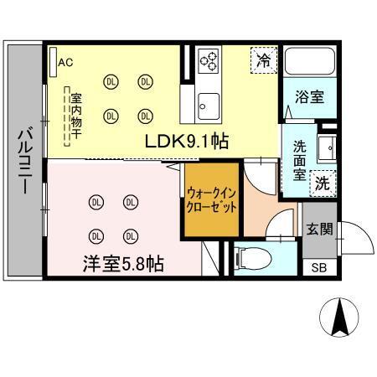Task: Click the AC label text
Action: pyautogui.click(x=66, y=60)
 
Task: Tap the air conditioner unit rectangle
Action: pyautogui.click(x=52, y=61)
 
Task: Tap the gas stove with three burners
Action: pyautogui.click(x=210, y=60)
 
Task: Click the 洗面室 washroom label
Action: pyautogui.click(x=298, y=159)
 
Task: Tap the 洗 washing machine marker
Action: pyautogui.click(x=323, y=183)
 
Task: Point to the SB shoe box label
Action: pyautogui.click(x=319, y=267)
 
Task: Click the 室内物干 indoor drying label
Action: pyautogui.click(x=75, y=117)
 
